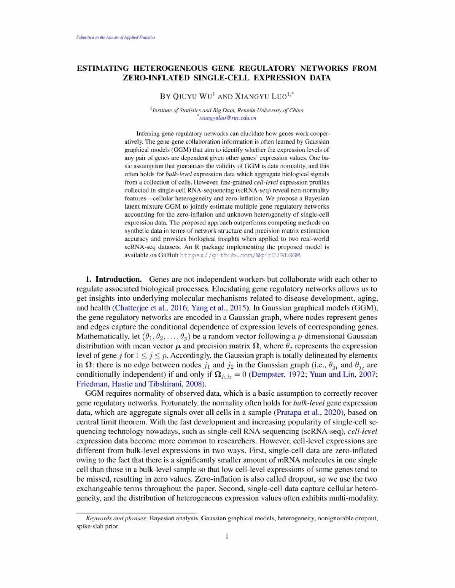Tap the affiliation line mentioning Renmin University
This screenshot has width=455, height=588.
pos(228,110)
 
